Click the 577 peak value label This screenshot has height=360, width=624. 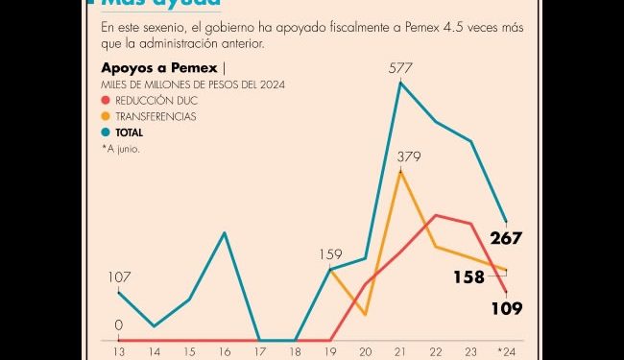(400, 67)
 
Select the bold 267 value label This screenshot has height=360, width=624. (505, 238)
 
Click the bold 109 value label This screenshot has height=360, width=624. (505, 308)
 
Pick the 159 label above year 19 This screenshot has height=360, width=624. (331, 254)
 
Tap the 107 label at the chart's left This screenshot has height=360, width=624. (119, 277)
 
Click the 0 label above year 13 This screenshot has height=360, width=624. (119, 325)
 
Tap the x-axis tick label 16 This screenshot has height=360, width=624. (225, 350)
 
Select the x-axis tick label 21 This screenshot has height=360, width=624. (400, 350)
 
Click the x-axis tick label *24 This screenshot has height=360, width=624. (505, 350)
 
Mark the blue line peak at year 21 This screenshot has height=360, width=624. (400, 84)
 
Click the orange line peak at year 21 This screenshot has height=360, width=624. (400, 172)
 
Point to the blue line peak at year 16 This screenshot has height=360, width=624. (225, 232)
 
